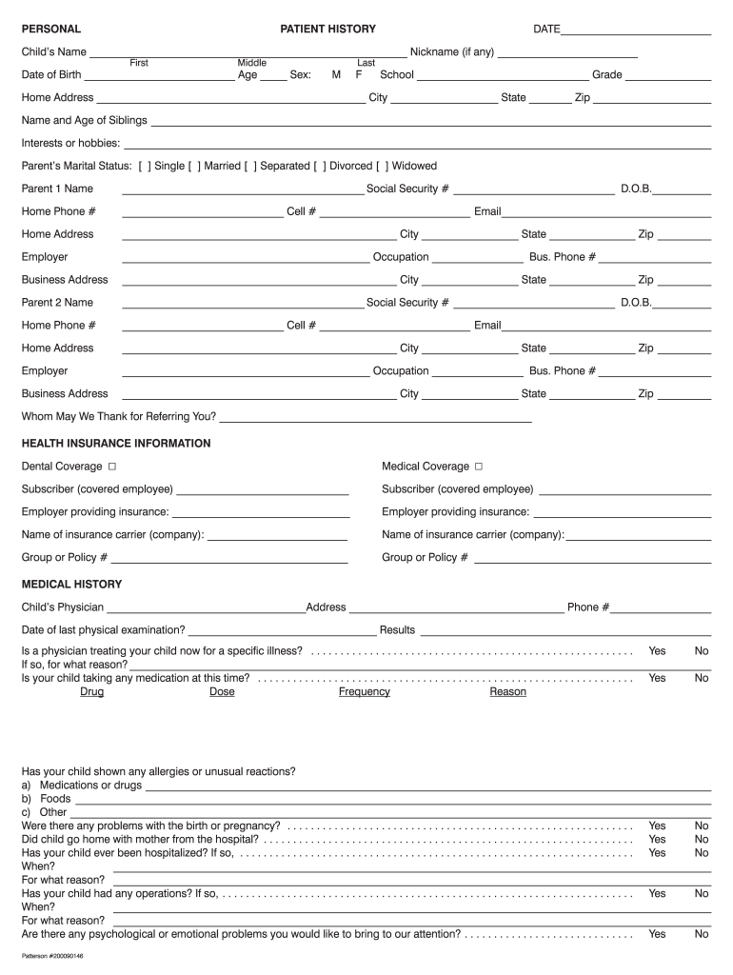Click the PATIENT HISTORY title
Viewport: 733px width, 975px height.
[x=327, y=29]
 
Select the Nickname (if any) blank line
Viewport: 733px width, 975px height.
[x=567, y=53]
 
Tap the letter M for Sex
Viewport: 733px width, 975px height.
[x=336, y=74]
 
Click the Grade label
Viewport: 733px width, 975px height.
[x=606, y=74]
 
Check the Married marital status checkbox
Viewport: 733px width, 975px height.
[x=194, y=166]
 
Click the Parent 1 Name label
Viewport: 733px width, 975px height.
[x=57, y=189]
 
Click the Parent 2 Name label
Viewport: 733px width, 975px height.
[x=57, y=303]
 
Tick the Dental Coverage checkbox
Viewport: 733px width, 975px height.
[x=112, y=467]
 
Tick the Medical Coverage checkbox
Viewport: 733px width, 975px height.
[x=479, y=467]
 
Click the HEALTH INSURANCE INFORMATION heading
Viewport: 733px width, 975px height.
[x=116, y=444]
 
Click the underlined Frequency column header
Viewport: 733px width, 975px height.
[x=364, y=692]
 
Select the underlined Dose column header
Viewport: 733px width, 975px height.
[x=222, y=692]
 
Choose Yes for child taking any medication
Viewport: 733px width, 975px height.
[x=657, y=678]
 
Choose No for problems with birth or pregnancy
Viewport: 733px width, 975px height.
[x=702, y=826]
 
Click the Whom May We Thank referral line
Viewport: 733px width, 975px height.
[x=375, y=417]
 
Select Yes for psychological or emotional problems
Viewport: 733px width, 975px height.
[x=657, y=934]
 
